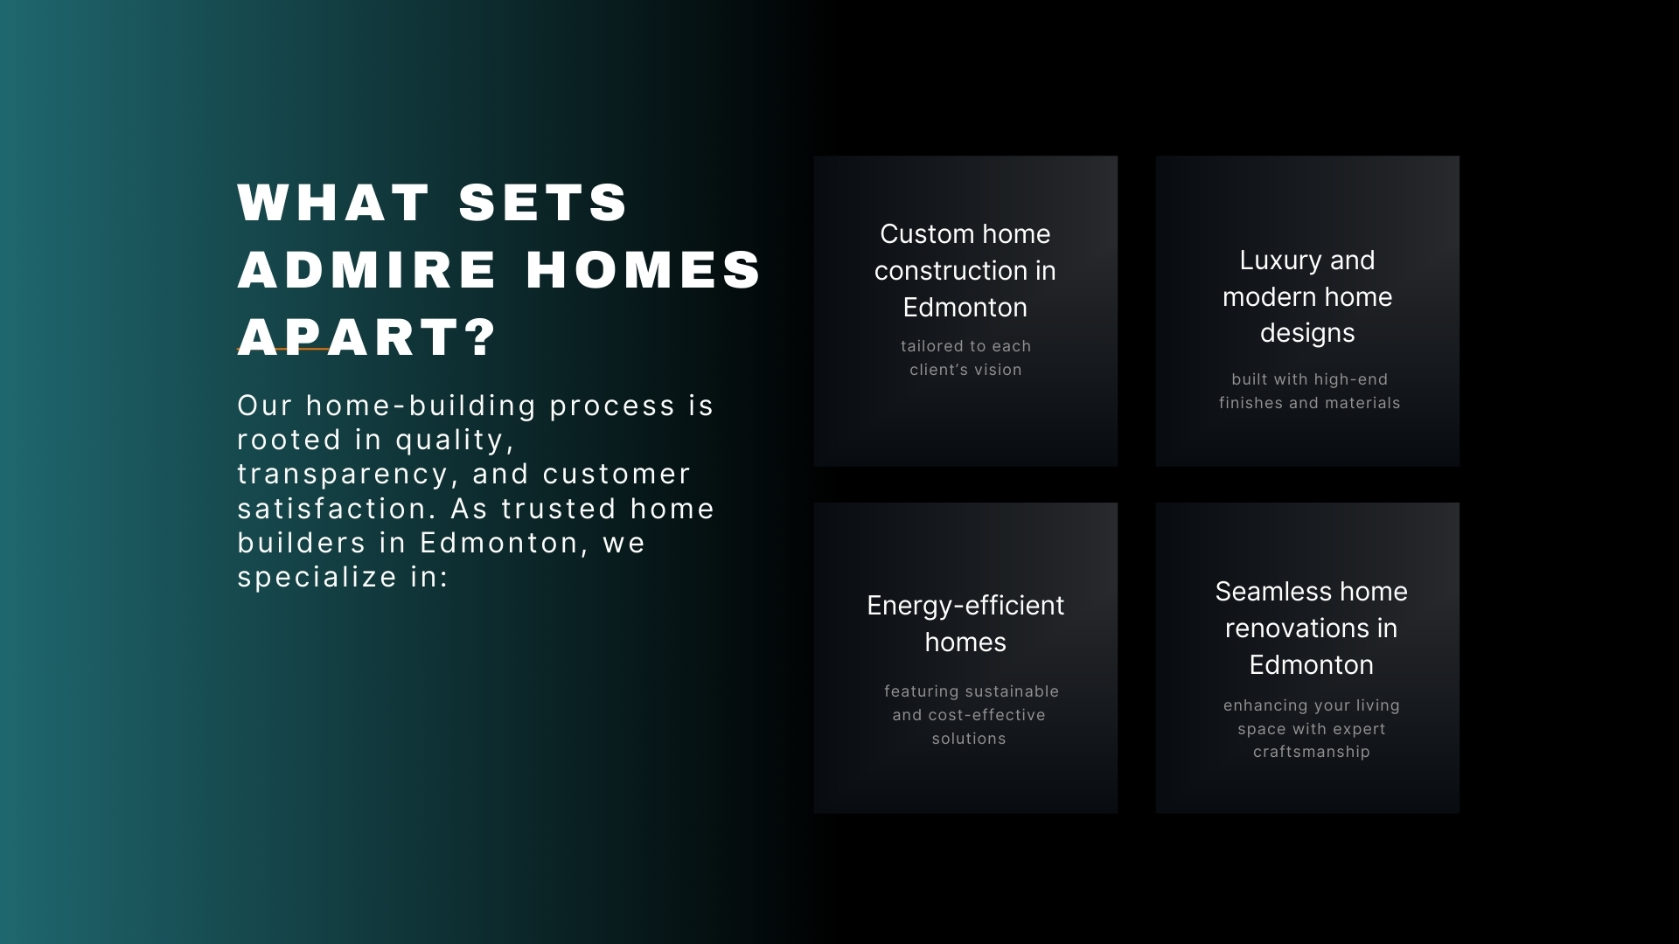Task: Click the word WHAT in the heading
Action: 333,202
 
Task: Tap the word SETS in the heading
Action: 543,202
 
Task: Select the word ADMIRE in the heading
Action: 367,269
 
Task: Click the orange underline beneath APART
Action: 283,349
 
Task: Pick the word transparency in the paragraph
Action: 348,475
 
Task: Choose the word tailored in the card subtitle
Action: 932,346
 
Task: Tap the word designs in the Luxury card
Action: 1307,333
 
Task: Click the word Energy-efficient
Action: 965,606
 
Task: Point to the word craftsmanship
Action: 1312,753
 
